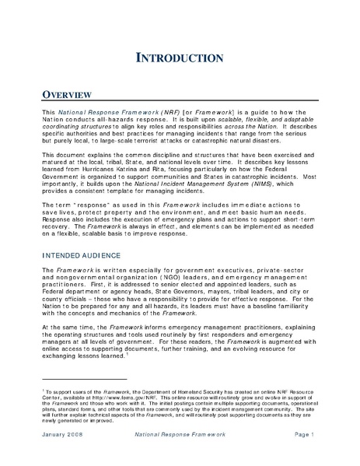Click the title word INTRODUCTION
click(x=180, y=57)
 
